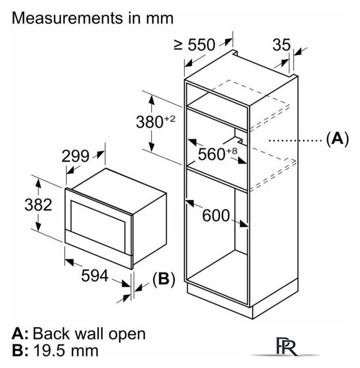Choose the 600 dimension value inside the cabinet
(216, 216)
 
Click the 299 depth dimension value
(75, 156)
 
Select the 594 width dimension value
(93, 276)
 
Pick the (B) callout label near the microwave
(162, 279)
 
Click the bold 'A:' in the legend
(20, 333)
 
